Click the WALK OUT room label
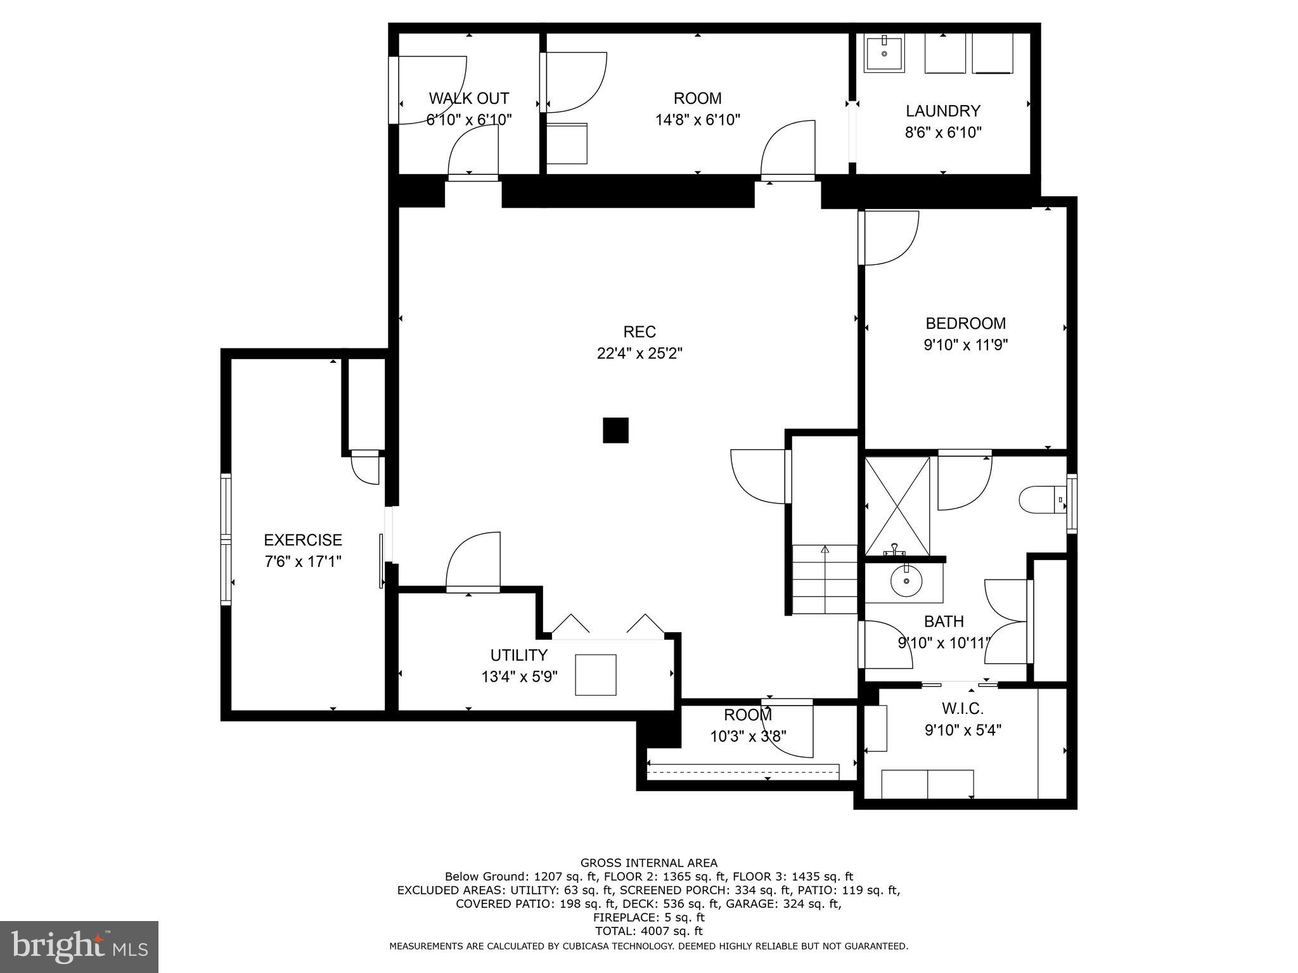(x=468, y=98)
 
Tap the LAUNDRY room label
(x=942, y=111)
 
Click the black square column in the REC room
(x=615, y=430)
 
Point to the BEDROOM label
(x=965, y=323)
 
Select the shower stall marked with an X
(x=897, y=506)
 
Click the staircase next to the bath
(x=824, y=580)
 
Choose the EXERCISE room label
(x=303, y=540)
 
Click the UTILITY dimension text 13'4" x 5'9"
(x=519, y=677)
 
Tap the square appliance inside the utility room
(x=595, y=675)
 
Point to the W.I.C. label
(x=962, y=708)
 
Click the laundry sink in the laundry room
(x=884, y=54)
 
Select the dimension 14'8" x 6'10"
(x=697, y=120)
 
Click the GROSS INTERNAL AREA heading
(x=648, y=863)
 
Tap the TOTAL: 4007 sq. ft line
(x=648, y=931)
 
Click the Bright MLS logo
(x=79, y=946)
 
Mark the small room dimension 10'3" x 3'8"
(x=748, y=737)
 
